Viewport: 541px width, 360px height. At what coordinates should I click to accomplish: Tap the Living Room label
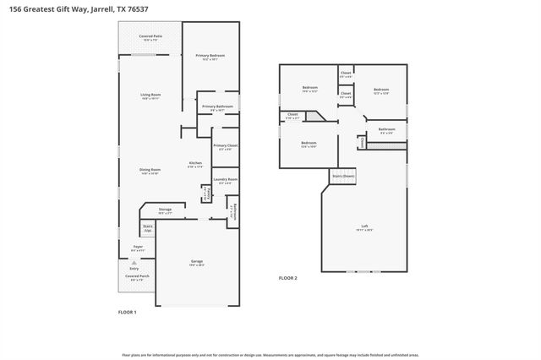[150, 95]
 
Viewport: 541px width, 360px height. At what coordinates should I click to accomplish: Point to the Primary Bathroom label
[217, 106]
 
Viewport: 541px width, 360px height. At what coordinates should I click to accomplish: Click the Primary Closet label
[225, 146]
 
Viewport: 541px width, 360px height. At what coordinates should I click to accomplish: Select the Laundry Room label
[225, 179]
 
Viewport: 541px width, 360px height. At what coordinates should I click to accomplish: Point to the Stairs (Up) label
[147, 227]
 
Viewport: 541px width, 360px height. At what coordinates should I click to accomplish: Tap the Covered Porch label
[137, 276]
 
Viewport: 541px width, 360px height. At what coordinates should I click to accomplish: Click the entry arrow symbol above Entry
[134, 263]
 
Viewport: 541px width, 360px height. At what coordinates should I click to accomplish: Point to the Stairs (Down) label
[343, 175]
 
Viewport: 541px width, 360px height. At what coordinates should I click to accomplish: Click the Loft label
[364, 226]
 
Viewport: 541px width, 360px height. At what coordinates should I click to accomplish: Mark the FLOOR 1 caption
[127, 312]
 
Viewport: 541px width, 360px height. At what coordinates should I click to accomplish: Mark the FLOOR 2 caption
[288, 277]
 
